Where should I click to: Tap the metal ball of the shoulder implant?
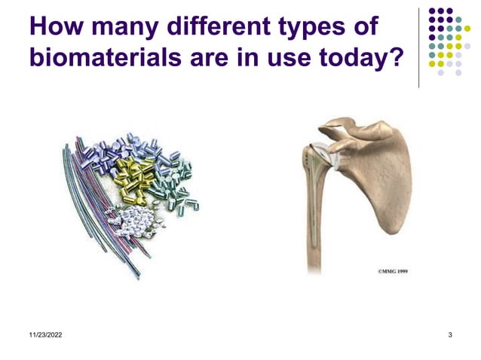click(x=322, y=154)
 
